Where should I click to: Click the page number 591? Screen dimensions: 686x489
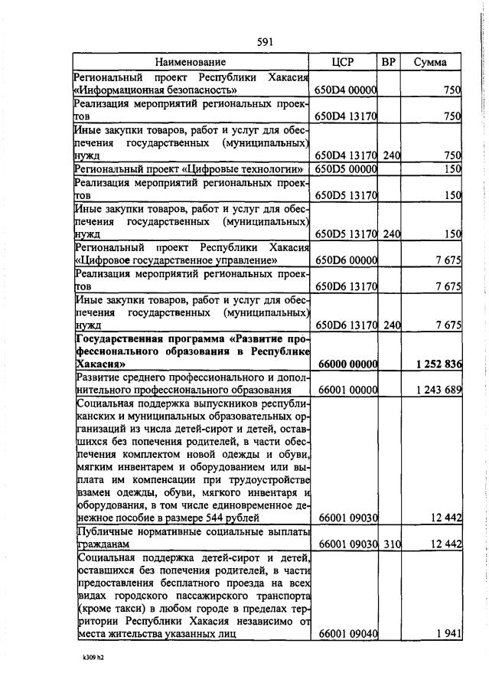click(x=244, y=43)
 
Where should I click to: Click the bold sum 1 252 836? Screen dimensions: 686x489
click(x=439, y=364)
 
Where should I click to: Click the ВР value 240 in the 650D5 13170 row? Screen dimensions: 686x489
click(x=391, y=234)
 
